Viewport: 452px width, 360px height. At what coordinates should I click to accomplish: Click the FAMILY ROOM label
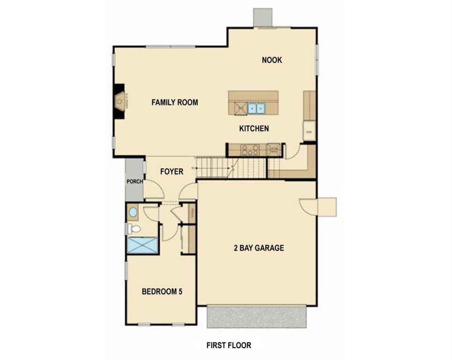pos(174,102)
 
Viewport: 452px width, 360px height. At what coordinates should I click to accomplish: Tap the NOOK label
pos(272,60)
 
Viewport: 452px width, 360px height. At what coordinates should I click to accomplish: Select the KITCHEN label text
pos(254,128)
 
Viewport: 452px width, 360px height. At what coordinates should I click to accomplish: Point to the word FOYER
pos(172,172)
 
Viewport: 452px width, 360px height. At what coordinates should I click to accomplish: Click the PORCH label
pos(134,182)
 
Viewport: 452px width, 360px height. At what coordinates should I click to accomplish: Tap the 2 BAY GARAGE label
pos(259,248)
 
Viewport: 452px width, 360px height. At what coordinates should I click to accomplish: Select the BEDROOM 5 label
pos(162,292)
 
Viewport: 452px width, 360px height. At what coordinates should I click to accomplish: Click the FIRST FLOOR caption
pos(229,345)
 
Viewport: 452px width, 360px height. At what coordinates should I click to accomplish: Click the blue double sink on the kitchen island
pos(256,109)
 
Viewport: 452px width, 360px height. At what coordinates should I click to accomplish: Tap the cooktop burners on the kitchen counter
pos(250,150)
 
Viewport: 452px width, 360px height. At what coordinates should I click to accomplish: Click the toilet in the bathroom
pos(134,229)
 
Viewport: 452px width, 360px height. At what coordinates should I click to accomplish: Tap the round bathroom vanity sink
pos(133,212)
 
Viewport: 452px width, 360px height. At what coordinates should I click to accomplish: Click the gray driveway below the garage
pos(257,317)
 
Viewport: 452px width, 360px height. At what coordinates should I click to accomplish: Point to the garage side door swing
pos(309,206)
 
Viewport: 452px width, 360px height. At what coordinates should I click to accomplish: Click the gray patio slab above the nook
pos(263,17)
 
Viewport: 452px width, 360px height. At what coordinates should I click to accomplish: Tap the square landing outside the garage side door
pos(327,207)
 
